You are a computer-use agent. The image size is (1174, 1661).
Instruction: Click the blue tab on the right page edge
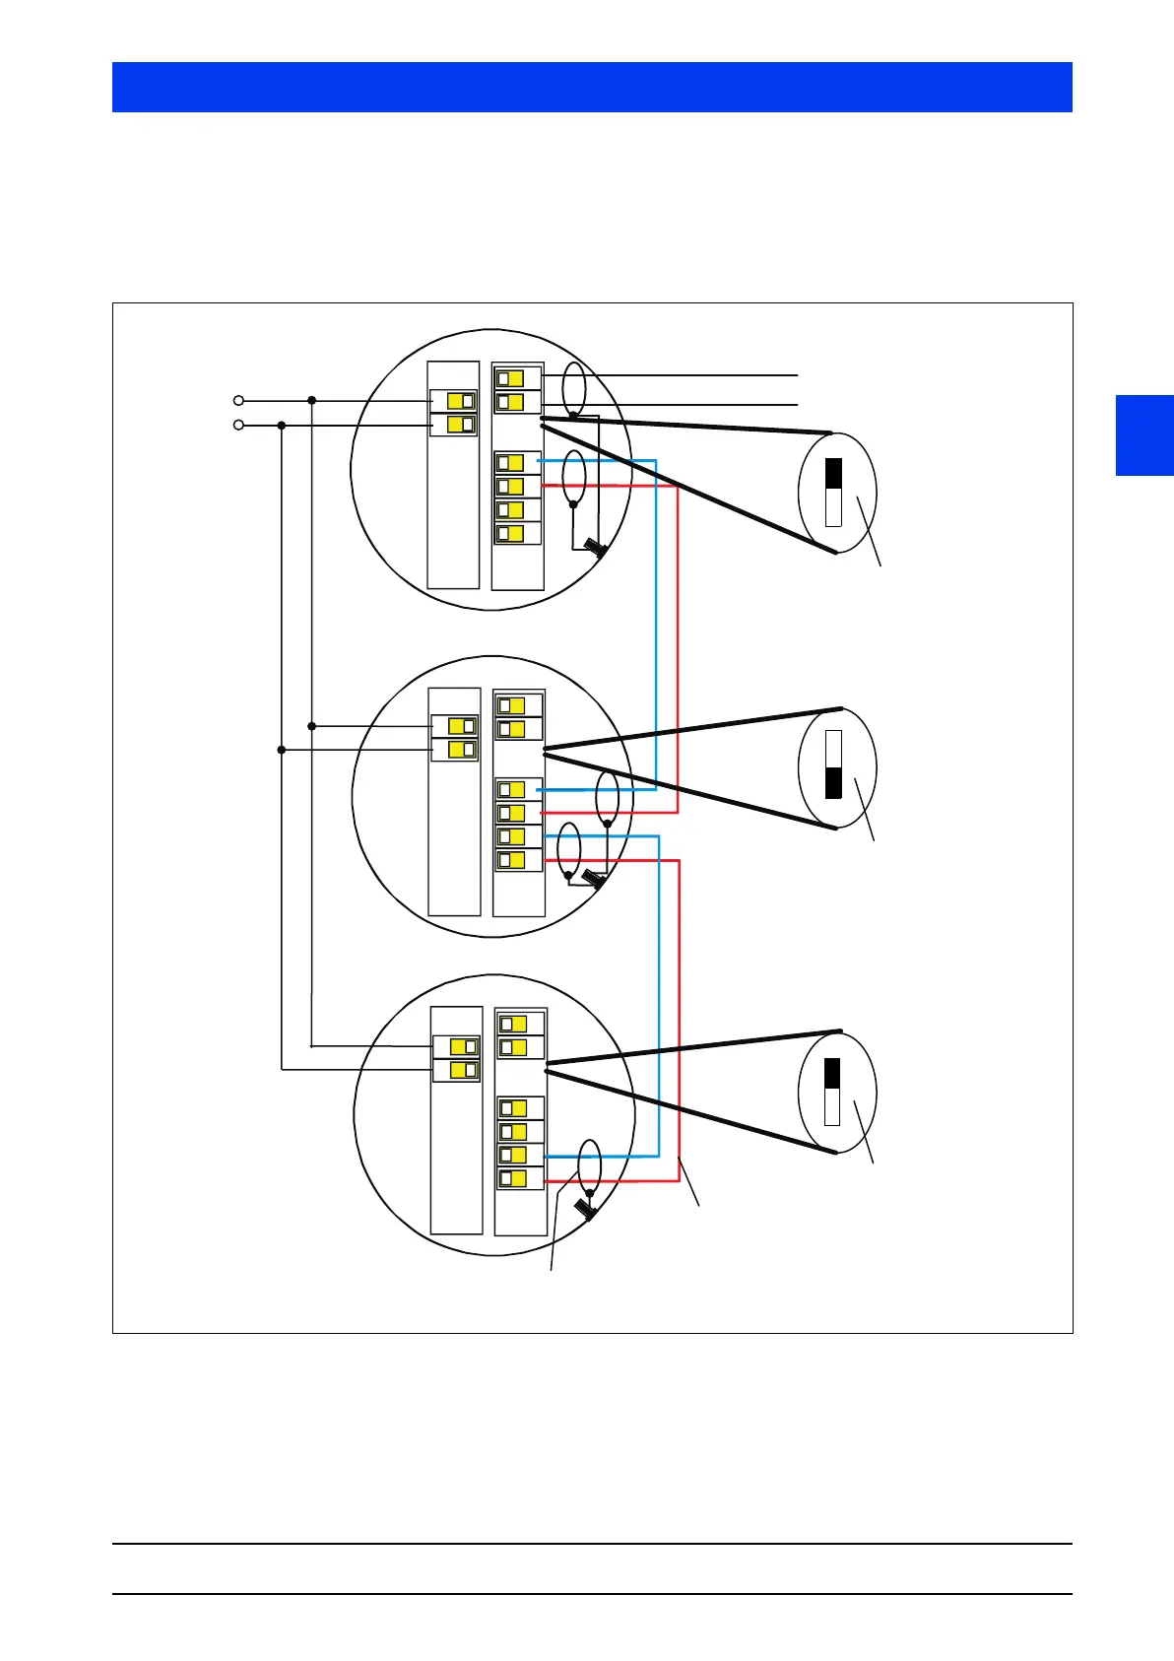click(x=1144, y=434)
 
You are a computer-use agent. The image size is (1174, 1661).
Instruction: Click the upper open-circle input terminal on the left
click(x=238, y=401)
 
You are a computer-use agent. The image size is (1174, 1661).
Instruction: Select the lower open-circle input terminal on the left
click(x=238, y=425)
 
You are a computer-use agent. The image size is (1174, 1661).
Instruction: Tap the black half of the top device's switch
click(x=833, y=474)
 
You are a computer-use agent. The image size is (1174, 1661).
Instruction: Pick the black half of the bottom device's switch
click(x=832, y=1075)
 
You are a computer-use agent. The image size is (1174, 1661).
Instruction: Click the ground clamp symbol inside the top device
click(x=594, y=547)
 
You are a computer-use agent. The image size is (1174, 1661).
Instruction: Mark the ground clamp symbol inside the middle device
click(x=594, y=879)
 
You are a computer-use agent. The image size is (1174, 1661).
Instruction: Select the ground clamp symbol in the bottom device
click(x=585, y=1208)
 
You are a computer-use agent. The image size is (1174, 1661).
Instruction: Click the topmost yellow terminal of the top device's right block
click(x=510, y=378)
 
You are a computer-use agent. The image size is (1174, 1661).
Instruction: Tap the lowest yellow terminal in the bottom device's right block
click(x=513, y=1178)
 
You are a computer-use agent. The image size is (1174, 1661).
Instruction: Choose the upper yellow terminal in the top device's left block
click(x=461, y=401)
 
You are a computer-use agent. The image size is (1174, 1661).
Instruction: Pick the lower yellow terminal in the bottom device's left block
click(x=464, y=1069)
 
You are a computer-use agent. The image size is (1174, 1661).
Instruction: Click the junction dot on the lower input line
click(x=282, y=426)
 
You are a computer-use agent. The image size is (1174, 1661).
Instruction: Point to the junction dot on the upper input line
click(x=311, y=400)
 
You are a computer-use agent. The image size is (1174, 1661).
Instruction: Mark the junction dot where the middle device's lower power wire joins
click(x=282, y=750)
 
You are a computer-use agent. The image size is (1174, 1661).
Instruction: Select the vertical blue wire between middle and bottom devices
click(x=658, y=995)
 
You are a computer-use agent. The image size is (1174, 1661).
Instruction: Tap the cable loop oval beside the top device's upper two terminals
click(x=573, y=389)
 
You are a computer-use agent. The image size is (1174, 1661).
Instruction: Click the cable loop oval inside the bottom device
click(x=589, y=1166)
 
